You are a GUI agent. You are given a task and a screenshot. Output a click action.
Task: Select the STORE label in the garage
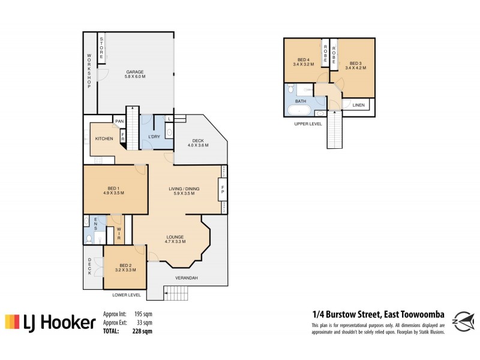click(102, 47)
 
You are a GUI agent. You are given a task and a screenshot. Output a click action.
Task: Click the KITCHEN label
click(104, 139)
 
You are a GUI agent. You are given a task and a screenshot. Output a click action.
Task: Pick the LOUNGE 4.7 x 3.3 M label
click(175, 239)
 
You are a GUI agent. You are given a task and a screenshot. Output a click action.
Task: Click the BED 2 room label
click(124, 268)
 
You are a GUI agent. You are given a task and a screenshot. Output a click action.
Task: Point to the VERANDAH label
click(187, 278)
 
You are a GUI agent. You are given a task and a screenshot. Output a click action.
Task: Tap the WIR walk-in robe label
click(119, 235)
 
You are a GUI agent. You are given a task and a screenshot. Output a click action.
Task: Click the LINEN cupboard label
click(358, 106)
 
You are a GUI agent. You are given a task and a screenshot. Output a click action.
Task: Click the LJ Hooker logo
click(50, 323)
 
